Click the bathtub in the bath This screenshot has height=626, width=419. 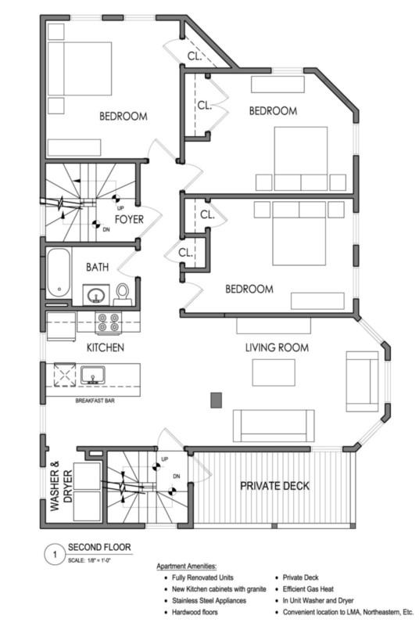59,273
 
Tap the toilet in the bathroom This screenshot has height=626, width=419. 123,294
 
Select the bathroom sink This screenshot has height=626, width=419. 96,295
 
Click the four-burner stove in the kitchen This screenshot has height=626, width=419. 109,322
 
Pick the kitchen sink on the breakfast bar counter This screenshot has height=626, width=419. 93,376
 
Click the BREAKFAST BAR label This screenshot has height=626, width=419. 95,401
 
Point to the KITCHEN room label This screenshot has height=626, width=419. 106,347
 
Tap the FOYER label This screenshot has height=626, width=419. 129,219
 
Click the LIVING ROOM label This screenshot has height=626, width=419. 277,347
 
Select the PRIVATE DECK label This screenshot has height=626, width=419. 274,486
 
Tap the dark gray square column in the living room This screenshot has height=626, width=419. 216,400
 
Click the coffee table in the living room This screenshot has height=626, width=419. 274,372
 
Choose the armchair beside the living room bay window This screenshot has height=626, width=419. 362,381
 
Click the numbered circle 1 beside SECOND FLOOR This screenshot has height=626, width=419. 55,555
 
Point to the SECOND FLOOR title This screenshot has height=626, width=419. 99,547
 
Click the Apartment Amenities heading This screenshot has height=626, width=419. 187,566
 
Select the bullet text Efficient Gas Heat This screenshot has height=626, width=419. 308,589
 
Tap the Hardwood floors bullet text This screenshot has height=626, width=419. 195,612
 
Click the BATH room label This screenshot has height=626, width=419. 97,267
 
